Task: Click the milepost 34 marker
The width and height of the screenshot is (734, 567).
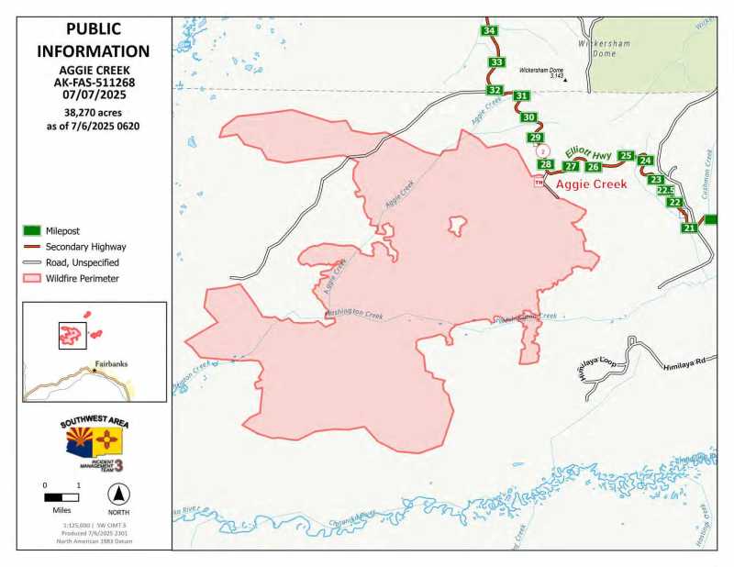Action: coord(490,31)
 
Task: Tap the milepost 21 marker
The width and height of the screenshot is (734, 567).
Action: coord(689,228)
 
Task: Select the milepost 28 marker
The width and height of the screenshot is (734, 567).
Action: coord(546,164)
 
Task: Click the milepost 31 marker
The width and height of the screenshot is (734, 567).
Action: coord(521,95)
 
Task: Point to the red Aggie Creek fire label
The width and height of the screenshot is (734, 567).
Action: coord(592,183)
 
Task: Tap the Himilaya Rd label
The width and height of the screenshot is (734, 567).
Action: coord(684,364)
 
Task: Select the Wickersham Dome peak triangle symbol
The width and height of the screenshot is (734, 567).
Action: coord(566,79)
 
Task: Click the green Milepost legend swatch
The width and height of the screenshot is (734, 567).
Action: coord(33,230)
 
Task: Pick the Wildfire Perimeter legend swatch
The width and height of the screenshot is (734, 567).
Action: coord(33,278)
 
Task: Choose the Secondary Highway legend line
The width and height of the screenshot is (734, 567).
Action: coord(33,247)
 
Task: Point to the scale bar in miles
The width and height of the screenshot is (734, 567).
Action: coord(61,497)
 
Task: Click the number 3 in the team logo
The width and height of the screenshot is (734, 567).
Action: coord(117,464)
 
